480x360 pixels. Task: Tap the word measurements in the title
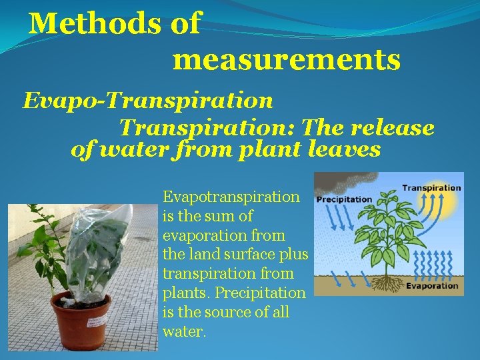pos(287,60)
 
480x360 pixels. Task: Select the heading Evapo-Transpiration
pos(148,101)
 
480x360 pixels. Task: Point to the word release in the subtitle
pos(395,127)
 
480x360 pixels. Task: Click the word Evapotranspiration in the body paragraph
pos(231,197)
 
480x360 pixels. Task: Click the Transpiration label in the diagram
pos(431,188)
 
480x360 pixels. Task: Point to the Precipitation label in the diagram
pos(344,199)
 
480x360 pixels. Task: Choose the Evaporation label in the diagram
pos(432,285)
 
